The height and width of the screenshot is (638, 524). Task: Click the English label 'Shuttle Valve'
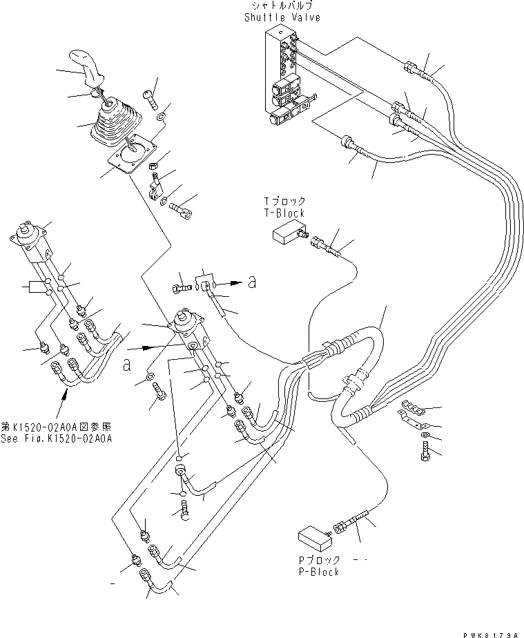click(x=281, y=17)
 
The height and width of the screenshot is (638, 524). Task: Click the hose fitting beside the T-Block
click(x=324, y=243)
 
